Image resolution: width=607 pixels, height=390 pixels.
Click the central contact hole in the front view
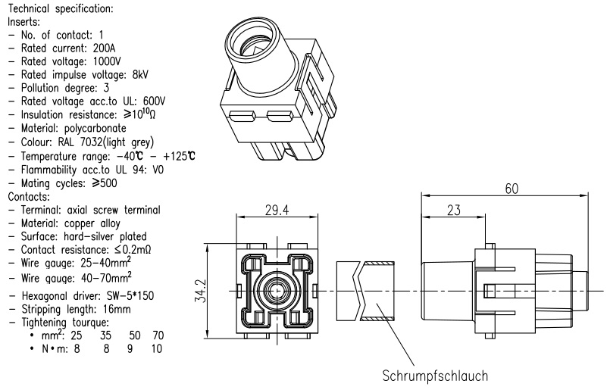tap(277, 290)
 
